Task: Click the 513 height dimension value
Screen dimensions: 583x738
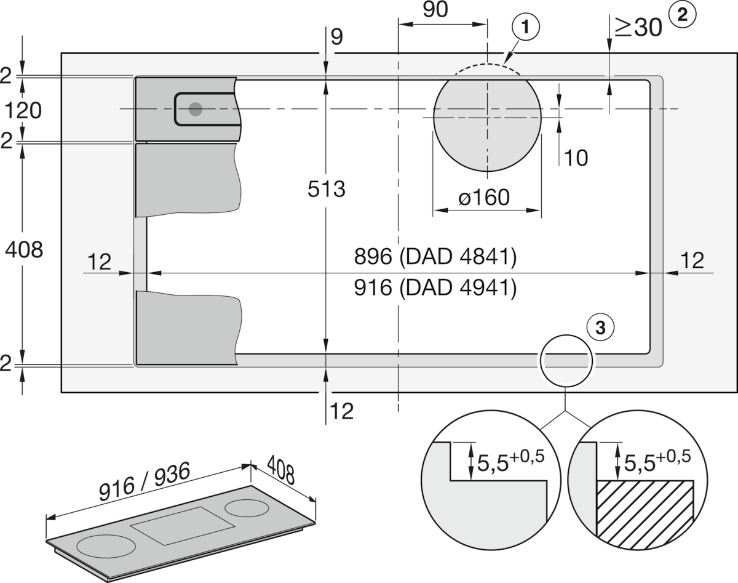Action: (327, 189)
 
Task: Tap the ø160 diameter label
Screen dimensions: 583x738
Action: (485, 198)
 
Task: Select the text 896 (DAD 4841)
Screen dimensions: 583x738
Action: (435, 257)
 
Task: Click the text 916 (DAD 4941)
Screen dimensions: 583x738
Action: (435, 288)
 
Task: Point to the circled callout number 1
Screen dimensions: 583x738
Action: (525, 27)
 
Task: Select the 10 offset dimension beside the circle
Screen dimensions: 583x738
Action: (576, 158)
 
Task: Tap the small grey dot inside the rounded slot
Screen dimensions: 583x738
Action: (196, 110)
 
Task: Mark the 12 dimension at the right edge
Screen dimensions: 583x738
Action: (693, 260)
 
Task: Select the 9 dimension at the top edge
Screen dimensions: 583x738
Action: (337, 38)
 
